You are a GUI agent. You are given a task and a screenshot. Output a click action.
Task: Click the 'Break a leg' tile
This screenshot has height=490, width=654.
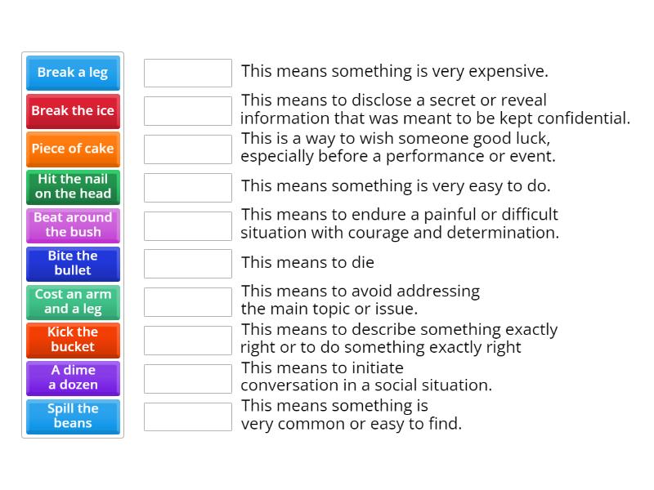(73, 73)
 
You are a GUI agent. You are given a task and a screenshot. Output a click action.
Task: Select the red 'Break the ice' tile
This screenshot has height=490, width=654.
(73, 111)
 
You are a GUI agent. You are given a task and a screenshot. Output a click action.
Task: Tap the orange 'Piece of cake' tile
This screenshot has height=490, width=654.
(73, 149)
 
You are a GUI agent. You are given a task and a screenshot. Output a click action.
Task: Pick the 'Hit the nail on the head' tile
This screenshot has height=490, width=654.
(73, 187)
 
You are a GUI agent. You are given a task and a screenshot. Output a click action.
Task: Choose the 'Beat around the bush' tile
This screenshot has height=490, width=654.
(73, 225)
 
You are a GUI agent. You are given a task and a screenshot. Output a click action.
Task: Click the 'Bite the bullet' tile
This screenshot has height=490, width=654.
(73, 264)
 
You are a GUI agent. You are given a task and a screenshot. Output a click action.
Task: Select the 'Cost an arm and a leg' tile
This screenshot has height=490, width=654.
(73, 302)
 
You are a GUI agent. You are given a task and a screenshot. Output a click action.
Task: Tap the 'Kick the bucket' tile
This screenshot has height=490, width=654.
(73, 340)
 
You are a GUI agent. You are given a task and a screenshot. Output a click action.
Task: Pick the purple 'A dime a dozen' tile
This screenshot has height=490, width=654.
(73, 378)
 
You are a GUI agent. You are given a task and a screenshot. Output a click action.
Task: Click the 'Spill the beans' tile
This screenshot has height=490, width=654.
(73, 416)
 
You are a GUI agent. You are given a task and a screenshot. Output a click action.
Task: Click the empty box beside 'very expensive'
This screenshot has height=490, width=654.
(188, 73)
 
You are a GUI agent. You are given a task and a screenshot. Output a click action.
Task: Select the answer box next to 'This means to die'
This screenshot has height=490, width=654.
(188, 264)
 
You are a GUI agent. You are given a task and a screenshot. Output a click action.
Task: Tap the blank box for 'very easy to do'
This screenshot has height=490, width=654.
(188, 187)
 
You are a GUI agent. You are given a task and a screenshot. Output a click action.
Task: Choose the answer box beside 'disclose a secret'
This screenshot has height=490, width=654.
(188, 111)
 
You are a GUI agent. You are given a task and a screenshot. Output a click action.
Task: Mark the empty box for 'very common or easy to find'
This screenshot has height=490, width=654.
(188, 416)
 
